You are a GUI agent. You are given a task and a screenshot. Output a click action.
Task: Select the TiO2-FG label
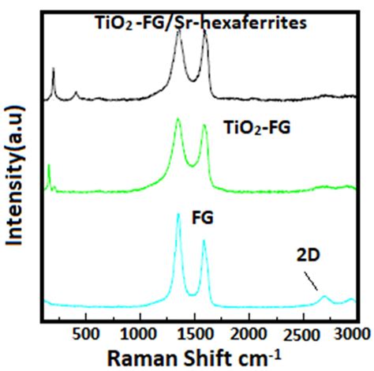245,126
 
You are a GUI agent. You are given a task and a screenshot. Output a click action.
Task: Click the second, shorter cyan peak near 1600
204,241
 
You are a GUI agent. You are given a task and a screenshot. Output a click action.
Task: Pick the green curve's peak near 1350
178,120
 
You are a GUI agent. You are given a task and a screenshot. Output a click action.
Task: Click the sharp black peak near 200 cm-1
53,70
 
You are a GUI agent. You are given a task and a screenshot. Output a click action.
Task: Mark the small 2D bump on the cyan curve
324,297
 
